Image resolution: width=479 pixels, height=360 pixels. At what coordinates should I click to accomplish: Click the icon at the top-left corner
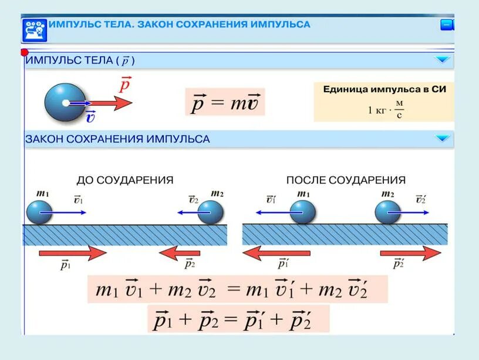[33, 29]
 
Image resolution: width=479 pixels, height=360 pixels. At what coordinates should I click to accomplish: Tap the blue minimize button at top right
[447, 25]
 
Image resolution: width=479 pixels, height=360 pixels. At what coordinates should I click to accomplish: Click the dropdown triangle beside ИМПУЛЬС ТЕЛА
[442, 59]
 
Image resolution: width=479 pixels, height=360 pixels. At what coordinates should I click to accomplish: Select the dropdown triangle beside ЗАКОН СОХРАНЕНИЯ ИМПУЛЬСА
[442, 139]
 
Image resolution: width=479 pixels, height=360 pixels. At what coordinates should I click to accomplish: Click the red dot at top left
[25, 53]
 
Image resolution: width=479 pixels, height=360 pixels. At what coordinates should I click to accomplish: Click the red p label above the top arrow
[124, 85]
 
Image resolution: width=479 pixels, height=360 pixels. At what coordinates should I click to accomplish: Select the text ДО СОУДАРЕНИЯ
[125, 180]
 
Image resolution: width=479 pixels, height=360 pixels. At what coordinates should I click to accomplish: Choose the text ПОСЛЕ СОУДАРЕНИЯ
[345, 180]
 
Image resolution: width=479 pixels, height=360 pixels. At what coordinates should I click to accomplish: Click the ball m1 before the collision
[39, 212]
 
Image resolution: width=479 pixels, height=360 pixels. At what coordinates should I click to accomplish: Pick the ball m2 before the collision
[211, 212]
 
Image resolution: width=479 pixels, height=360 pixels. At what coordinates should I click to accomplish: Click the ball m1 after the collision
[303, 212]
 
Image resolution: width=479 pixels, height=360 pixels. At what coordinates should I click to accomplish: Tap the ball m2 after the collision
[388, 212]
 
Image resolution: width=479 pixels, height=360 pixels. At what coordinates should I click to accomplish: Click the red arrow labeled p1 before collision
[72, 254]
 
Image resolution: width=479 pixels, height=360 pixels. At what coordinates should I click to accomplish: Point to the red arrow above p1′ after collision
[276, 254]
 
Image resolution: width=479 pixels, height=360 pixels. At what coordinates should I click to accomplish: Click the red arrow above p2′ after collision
[409, 254]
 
